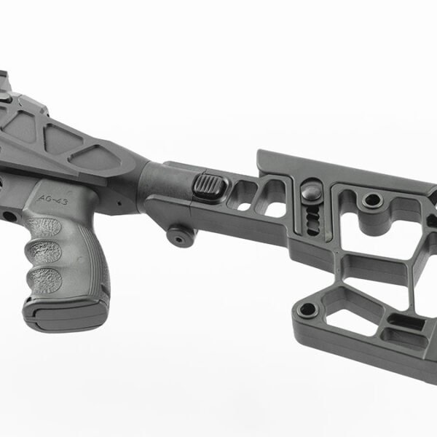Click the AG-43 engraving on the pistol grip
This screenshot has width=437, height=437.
pos(53,200)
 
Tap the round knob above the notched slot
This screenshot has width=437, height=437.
pos(312,192)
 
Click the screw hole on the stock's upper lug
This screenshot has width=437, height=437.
pos(373,200)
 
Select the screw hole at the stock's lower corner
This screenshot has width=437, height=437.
pos(307,310)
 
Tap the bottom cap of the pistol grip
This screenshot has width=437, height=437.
pos(65,317)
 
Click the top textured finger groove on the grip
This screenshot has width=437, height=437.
pos(43,227)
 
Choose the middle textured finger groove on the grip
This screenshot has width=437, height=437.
pos(44,252)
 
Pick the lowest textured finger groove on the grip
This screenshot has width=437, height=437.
pos(44,280)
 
